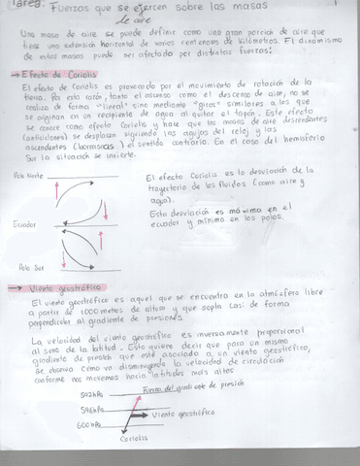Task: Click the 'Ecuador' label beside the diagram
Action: (x=26, y=222)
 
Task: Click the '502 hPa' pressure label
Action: (x=91, y=395)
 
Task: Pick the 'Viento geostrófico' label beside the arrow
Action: (x=183, y=414)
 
